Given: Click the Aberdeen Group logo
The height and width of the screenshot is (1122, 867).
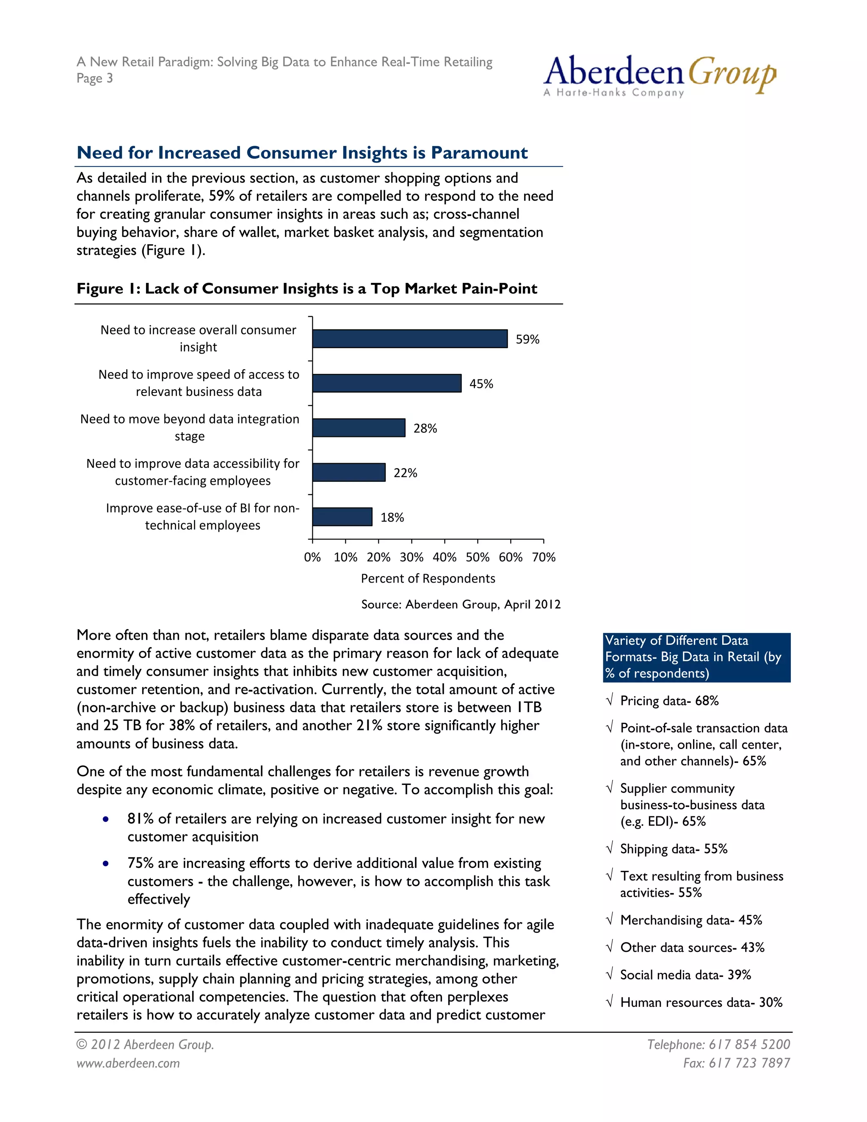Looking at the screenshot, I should tap(660, 76).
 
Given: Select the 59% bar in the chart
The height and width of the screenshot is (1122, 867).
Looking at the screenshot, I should tap(409, 339).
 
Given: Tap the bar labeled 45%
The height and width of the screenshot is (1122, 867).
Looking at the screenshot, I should tap(386, 383).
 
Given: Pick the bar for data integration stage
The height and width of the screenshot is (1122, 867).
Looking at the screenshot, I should tap(359, 428).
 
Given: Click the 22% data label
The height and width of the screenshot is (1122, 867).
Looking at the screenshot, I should tap(405, 473).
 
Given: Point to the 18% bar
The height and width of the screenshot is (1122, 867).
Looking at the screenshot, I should tap(342, 517).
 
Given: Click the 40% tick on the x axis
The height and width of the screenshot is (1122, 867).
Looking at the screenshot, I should tap(444, 557).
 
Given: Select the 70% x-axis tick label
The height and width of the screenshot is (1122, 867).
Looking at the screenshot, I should tap(544, 557).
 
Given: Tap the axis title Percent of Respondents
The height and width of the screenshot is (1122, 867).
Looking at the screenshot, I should tap(428, 578).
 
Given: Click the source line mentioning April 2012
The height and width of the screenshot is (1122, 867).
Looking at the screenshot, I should tap(461, 604).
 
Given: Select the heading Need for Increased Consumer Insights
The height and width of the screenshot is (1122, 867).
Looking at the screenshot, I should tap(302, 152).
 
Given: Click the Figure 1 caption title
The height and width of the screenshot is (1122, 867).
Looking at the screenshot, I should tap(306, 289).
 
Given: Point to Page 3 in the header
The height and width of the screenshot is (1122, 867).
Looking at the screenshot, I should tap(94, 78).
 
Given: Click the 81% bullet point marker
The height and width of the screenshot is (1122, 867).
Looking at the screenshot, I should tap(105, 819).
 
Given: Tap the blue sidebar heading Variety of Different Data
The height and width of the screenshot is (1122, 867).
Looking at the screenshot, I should tap(696, 657).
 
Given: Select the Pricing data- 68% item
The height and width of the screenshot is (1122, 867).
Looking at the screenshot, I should tap(669, 701).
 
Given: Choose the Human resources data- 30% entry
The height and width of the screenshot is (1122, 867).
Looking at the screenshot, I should tap(701, 1002).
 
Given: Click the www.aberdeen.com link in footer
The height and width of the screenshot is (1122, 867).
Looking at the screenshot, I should tap(128, 1063).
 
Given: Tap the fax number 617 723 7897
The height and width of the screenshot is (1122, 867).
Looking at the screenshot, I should tap(736, 1063).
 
